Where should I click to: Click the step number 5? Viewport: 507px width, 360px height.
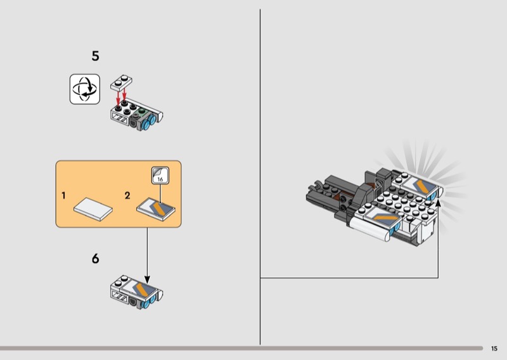(95, 56)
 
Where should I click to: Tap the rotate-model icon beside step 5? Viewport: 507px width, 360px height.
(85, 89)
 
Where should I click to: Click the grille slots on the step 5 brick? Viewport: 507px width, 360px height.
(119, 118)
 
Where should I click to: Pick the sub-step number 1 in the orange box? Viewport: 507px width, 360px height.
(64, 195)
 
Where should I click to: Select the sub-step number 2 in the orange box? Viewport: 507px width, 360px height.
(127, 195)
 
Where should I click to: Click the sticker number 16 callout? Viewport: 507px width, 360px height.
(160, 176)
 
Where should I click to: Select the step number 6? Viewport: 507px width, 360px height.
(95, 259)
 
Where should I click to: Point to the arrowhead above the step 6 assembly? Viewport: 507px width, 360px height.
(147, 280)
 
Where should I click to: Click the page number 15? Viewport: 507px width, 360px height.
(494, 348)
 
